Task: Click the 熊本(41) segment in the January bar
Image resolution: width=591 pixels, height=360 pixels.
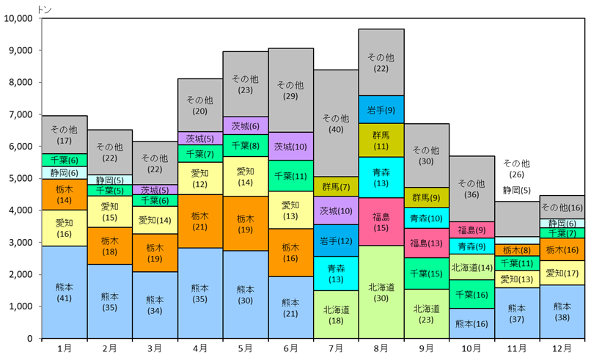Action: [65, 292]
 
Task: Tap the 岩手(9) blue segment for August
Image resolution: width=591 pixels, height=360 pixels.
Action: [381, 109]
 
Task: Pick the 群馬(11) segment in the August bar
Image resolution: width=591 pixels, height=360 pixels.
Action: [381, 140]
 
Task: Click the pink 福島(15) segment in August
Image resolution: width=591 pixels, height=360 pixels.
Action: [381, 222]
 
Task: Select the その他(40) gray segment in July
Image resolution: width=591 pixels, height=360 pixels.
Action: [336, 123]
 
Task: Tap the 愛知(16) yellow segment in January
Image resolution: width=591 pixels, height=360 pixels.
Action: [65, 228]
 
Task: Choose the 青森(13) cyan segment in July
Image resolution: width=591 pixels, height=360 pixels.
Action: [336, 273]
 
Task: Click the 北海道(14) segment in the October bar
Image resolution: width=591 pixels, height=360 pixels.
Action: [471, 268]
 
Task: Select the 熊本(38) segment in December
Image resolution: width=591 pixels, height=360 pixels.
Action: [562, 312]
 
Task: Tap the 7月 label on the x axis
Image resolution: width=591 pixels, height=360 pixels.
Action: [336, 349]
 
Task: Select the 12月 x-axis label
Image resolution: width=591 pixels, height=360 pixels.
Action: [562, 349]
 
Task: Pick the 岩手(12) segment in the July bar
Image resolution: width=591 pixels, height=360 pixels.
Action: [336, 241]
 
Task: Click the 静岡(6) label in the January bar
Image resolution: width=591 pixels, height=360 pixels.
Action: [65, 172]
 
